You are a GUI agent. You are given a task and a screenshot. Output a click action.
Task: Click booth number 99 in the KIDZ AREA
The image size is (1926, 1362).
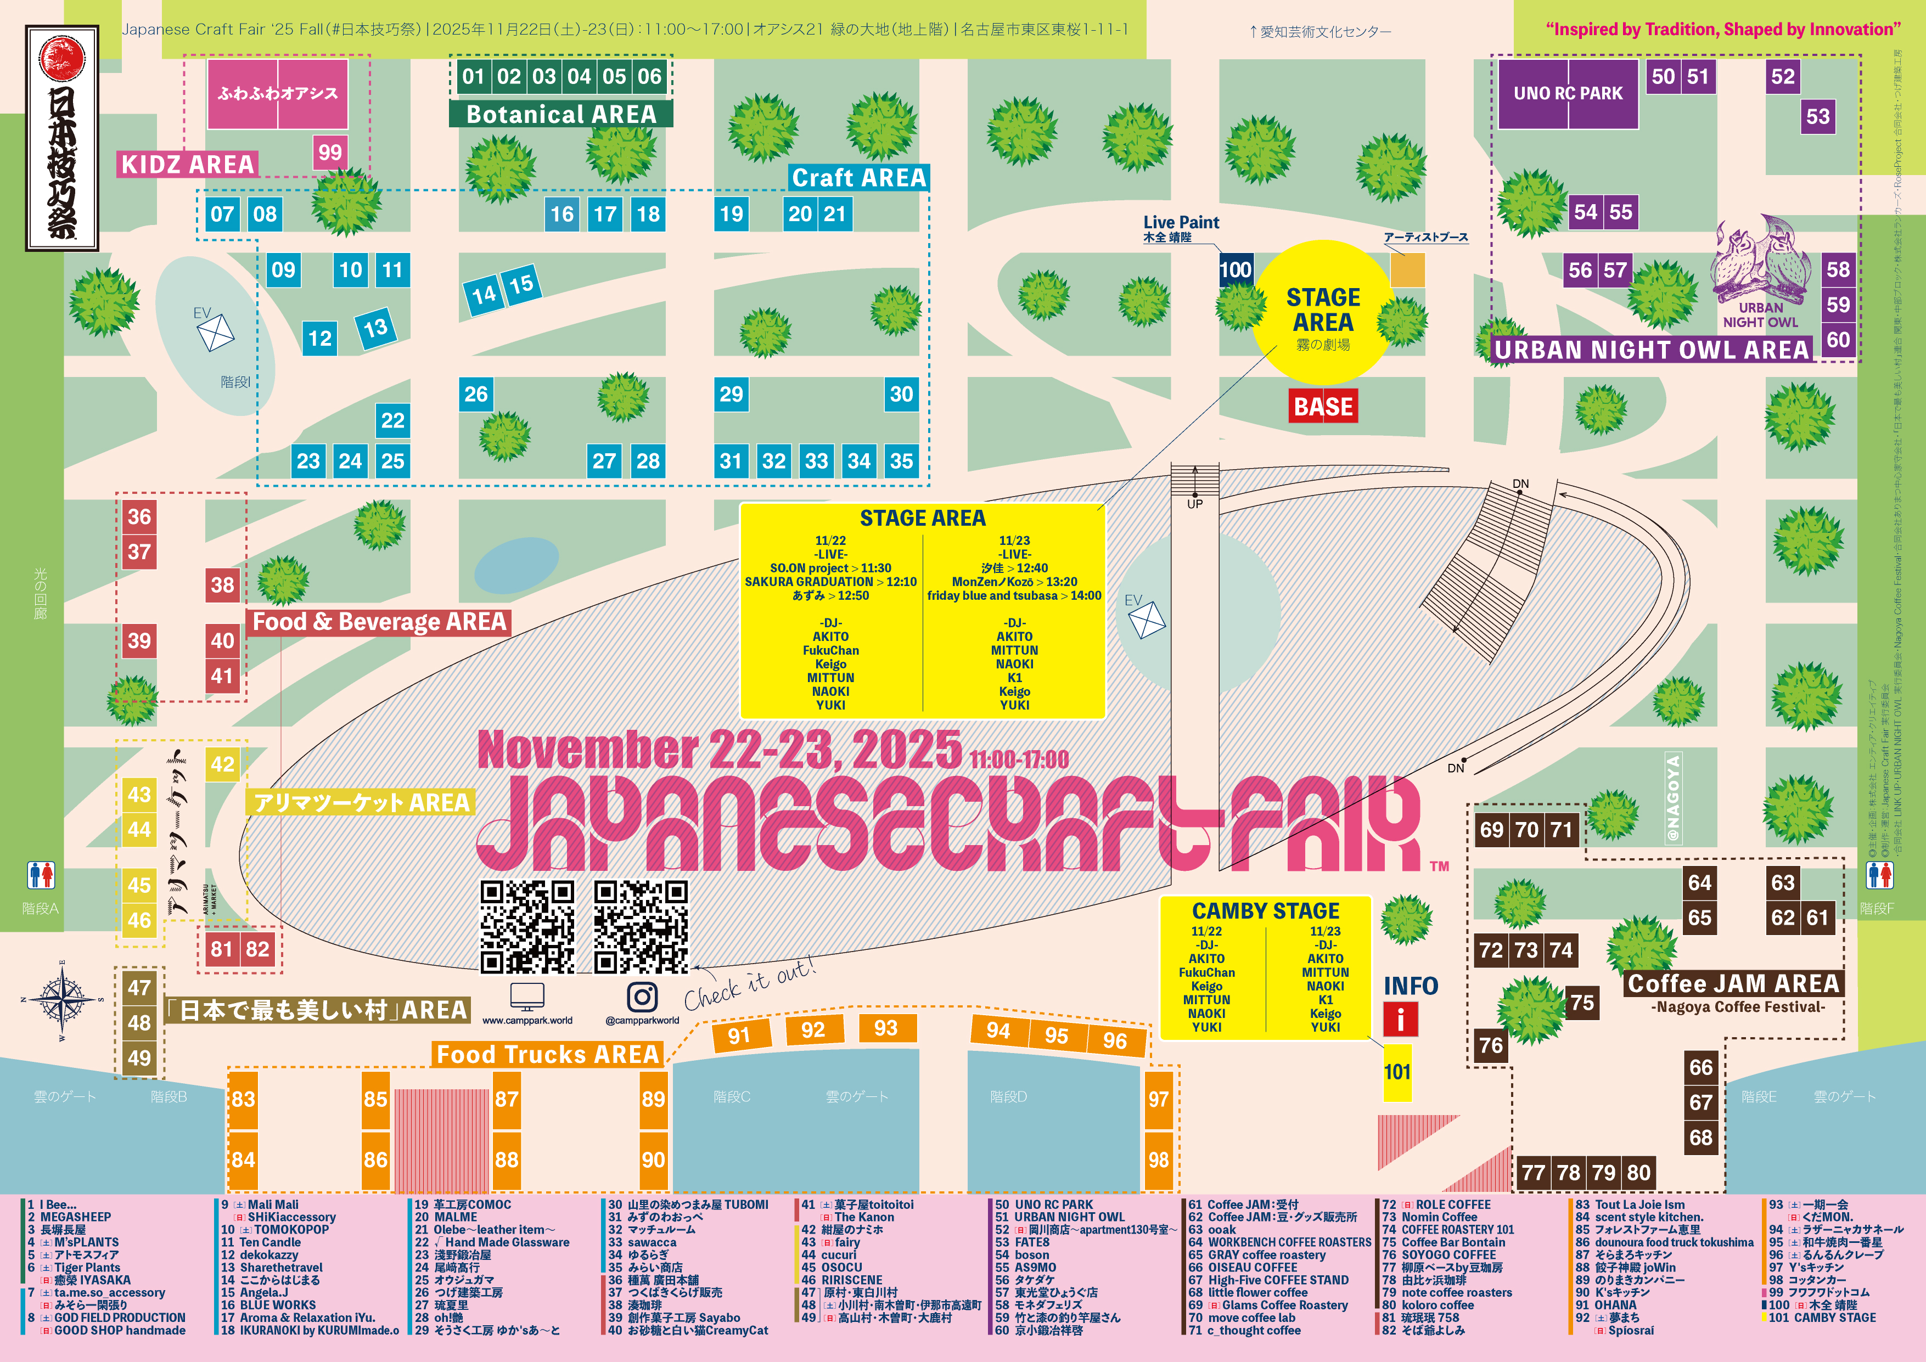[330, 153]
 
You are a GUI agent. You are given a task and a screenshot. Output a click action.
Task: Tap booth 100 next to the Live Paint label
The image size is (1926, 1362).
[1235, 270]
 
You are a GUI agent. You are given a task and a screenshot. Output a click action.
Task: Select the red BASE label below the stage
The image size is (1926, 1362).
[1323, 407]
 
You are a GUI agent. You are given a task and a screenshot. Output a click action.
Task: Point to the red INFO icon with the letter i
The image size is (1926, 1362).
[1400, 1020]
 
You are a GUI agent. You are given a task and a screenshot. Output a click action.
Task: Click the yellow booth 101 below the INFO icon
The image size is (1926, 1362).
[1397, 1072]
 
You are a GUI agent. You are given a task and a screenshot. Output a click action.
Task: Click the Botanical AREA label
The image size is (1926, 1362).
[560, 114]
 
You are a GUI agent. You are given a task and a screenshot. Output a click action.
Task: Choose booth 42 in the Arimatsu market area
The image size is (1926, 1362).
[222, 764]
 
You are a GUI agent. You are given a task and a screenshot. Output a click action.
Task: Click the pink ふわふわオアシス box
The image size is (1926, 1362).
[277, 93]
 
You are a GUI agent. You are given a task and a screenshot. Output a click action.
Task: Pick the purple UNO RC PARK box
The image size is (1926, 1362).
[1567, 93]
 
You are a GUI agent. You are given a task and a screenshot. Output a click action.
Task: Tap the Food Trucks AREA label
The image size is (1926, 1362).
[548, 1054]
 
